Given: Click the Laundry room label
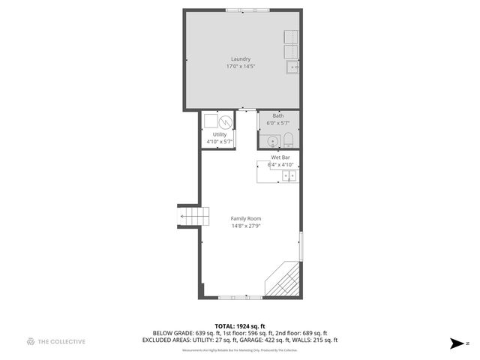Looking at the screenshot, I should pyautogui.click(x=240, y=58).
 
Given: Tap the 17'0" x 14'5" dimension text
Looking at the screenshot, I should pyautogui.click(x=240, y=67).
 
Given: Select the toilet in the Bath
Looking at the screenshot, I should pyautogui.click(x=288, y=139).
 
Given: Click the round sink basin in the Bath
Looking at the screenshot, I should pyautogui.click(x=271, y=140).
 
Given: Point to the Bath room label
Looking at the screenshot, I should pyautogui.click(x=277, y=115).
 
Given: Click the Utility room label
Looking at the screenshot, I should pyautogui.click(x=219, y=134).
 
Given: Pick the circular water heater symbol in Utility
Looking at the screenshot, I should pyautogui.click(x=225, y=121).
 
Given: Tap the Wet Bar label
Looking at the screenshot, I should pyautogui.click(x=280, y=157).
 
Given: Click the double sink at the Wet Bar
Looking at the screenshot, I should pyautogui.click(x=289, y=175).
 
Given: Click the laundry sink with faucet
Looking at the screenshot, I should pyautogui.click(x=292, y=67).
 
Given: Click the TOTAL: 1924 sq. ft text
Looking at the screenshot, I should pyautogui.click(x=240, y=325).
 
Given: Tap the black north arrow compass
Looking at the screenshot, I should pyautogui.click(x=457, y=343).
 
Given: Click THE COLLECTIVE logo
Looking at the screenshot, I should pyautogui.click(x=56, y=342).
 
